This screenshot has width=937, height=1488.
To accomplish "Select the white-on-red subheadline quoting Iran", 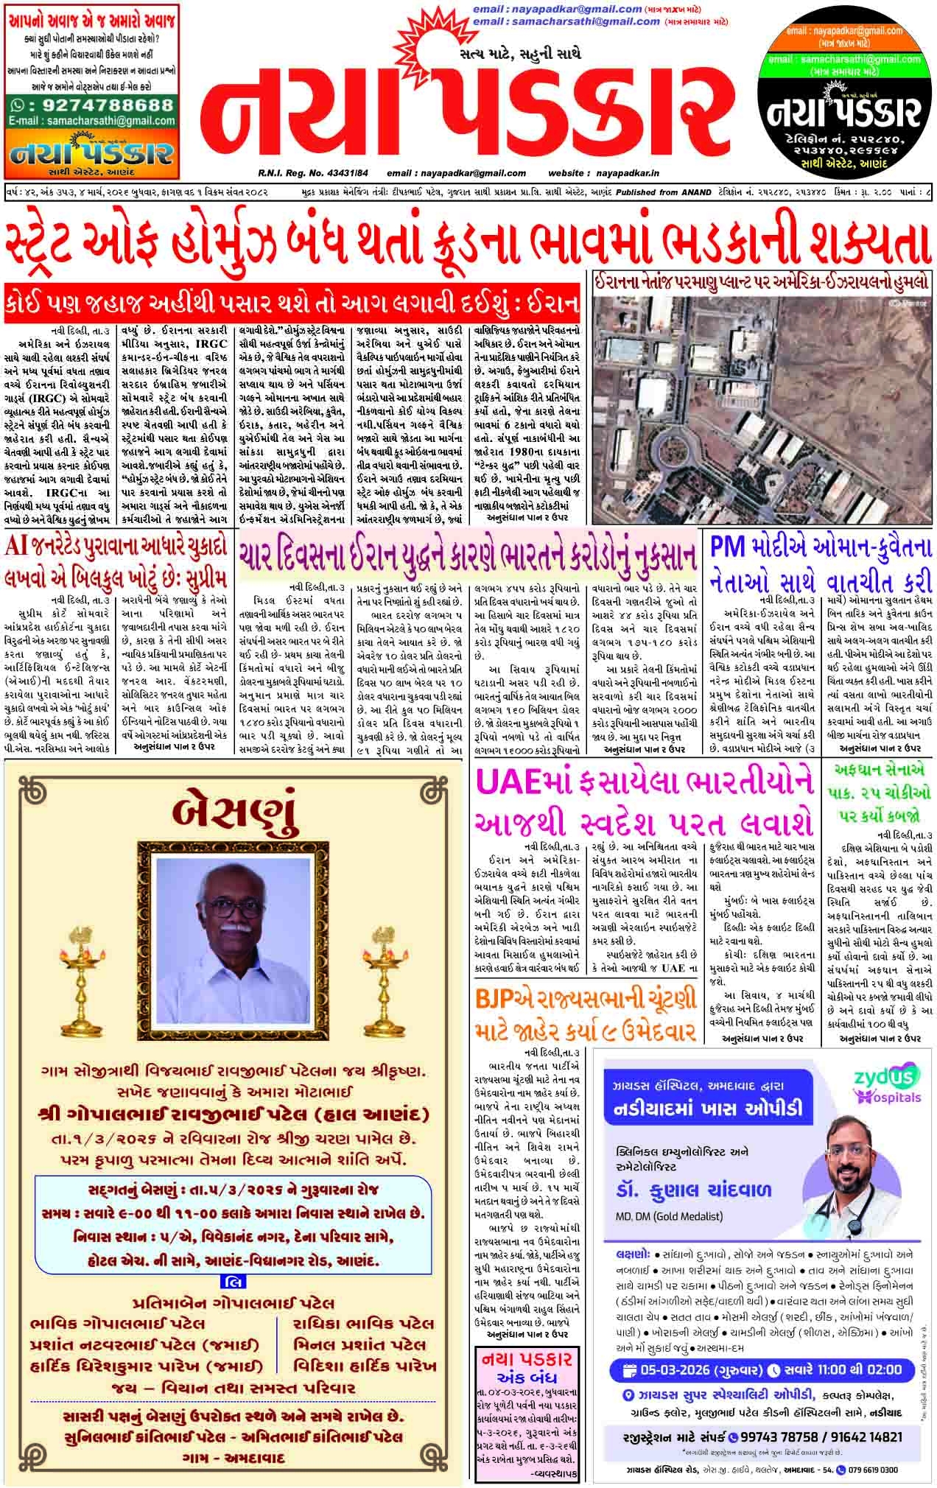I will coord(293,303).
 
